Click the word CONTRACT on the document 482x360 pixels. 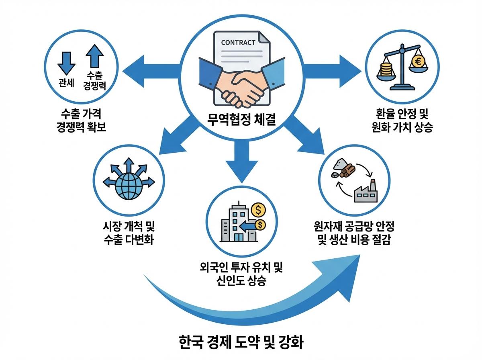(238, 43)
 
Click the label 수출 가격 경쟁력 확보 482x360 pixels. (82, 119)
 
